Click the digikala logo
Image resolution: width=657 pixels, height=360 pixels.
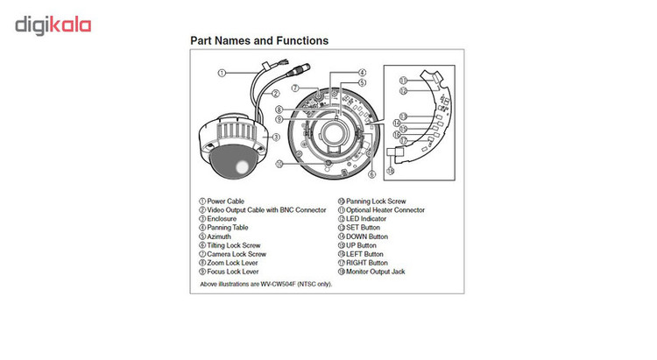(53, 25)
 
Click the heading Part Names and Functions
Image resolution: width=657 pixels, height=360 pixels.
(259, 40)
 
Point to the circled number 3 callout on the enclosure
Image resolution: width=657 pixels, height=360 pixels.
(276, 138)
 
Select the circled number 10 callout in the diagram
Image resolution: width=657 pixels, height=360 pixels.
(279, 164)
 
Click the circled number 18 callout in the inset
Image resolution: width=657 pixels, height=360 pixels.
(390, 171)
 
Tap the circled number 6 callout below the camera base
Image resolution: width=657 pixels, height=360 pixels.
(372, 174)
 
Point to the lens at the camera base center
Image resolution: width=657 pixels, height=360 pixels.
(334, 133)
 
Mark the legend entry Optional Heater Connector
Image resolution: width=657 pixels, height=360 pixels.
(385, 210)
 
